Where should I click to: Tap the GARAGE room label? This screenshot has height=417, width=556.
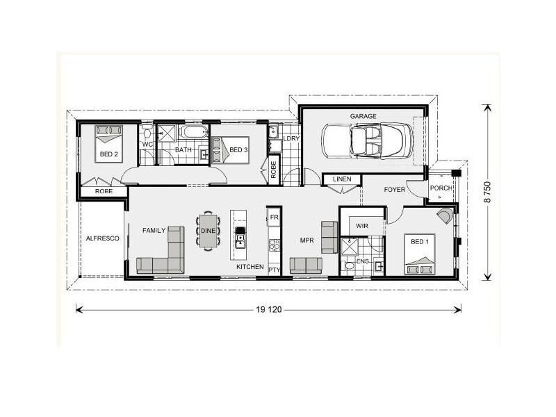pyautogui.click(x=363, y=116)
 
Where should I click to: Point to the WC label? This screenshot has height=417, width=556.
pyautogui.click(x=147, y=145)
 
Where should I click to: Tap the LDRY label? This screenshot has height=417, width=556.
pyautogui.click(x=291, y=139)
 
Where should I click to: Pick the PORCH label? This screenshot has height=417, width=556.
pyautogui.click(x=441, y=188)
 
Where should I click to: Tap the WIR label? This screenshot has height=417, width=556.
pyautogui.click(x=362, y=226)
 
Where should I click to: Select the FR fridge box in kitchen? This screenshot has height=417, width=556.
pyautogui.click(x=274, y=218)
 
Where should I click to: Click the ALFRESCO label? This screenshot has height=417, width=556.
pyautogui.click(x=102, y=238)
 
